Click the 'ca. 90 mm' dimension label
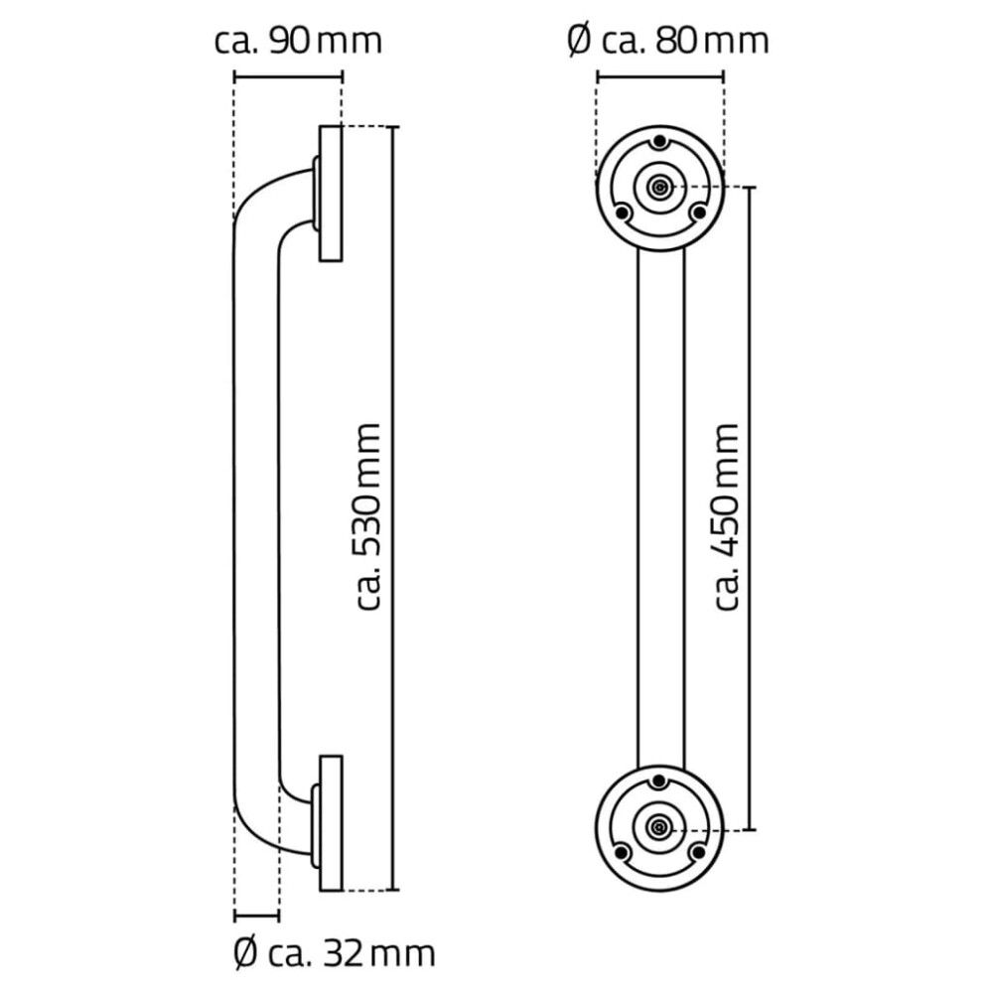point(298,41)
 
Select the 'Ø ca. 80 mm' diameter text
point(667,41)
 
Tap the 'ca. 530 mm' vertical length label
point(368,516)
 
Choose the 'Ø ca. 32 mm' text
point(334,954)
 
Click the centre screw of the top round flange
point(658,186)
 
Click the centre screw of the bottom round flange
point(658,826)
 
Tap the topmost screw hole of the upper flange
point(658,142)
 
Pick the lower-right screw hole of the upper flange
point(698,212)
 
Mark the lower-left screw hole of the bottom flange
point(622,852)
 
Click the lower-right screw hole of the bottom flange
point(698,852)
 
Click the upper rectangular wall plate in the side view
point(331,194)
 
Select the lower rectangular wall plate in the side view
point(331,823)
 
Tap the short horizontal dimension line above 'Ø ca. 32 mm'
point(256,915)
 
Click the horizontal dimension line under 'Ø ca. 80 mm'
point(659,74)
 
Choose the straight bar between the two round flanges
point(659,506)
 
